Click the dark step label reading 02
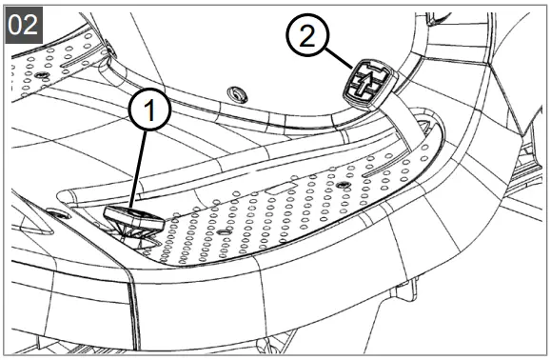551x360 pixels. coord(25,24)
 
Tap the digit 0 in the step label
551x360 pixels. coord(17,24)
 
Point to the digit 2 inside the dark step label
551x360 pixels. coord(32,24)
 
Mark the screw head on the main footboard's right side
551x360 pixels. coord(341,182)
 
